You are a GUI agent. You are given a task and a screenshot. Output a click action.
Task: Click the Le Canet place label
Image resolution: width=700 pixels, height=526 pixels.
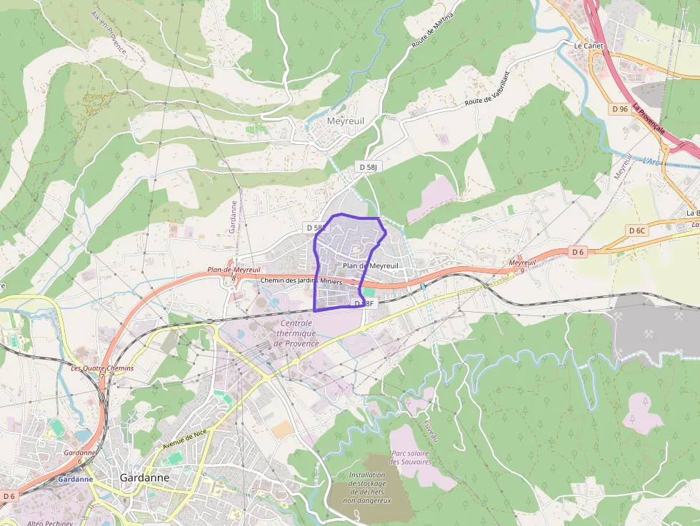pyautogui.click(x=589, y=45)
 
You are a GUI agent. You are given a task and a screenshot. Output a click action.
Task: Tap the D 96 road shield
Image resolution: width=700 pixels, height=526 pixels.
pyautogui.click(x=620, y=108)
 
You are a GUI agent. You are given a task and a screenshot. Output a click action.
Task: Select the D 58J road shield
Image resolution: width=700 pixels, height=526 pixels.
pyautogui.click(x=368, y=166)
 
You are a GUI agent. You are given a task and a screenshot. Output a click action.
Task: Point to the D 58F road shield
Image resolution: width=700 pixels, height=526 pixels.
pyautogui.click(x=364, y=303)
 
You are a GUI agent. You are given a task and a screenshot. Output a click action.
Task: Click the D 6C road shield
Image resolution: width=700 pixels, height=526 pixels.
pyautogui.click(x=637, y=230)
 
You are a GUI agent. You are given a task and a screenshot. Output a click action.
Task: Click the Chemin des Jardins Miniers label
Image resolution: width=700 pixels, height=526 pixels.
pyautogui.click(x=302, y=280)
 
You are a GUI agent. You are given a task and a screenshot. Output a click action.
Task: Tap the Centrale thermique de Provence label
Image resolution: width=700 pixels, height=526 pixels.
pyautogui.click(x=298, y=333)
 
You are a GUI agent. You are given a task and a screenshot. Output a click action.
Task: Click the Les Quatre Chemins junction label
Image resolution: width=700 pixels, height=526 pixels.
pyautogui.click(x=102, y=368)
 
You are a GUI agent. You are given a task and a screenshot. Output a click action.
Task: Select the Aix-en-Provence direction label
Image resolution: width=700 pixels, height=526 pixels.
pyautogui.click(x=109, y=33)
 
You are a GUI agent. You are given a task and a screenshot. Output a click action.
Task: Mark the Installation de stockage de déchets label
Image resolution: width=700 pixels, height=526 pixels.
pyautogui.click(x=367, y=487)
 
